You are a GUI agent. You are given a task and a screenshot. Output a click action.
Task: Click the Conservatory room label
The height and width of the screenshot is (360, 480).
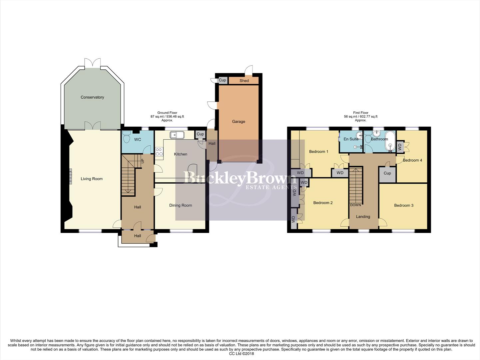(x=92, y=97)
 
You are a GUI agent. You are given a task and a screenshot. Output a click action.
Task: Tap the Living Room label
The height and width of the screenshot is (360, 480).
(x=92, y=179)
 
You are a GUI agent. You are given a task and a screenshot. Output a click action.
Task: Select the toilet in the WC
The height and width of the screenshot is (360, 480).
(x=126, y=137)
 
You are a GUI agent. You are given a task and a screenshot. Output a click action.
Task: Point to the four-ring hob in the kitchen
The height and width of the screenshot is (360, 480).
(x=159, y=152)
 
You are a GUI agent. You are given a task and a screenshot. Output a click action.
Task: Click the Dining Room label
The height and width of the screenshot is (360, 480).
(x=181, y=205)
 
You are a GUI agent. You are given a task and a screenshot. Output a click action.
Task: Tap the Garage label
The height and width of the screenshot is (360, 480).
(x=239, y=122)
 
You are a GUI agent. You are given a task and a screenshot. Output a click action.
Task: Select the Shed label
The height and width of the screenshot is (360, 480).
(x=244, y=81)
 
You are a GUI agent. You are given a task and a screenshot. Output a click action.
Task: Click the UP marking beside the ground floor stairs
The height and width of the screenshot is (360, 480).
(x=143, y=161)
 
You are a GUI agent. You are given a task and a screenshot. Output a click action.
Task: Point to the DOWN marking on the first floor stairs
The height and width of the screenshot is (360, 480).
(x=355, y=205)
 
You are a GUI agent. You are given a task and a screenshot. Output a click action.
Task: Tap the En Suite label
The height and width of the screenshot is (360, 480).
(x=351, y=139)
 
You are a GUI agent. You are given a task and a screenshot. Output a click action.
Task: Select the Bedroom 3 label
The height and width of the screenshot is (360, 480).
(x=404, y=205)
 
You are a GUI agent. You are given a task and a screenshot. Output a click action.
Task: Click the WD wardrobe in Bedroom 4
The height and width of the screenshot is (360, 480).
(x=400, y=147)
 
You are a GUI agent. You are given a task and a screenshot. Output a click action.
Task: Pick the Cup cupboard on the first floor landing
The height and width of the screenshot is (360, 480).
(x=387, y=174)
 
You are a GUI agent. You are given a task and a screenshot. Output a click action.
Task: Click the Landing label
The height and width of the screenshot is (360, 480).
(x=363, y=217)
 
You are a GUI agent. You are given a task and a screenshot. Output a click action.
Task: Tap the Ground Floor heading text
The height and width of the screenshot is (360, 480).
(x=167, y=113)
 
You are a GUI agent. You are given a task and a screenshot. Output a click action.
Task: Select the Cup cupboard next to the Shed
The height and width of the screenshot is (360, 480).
(x=222, y=80)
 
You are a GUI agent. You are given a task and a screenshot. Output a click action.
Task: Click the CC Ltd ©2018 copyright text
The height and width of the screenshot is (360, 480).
(x=241, y=354)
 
